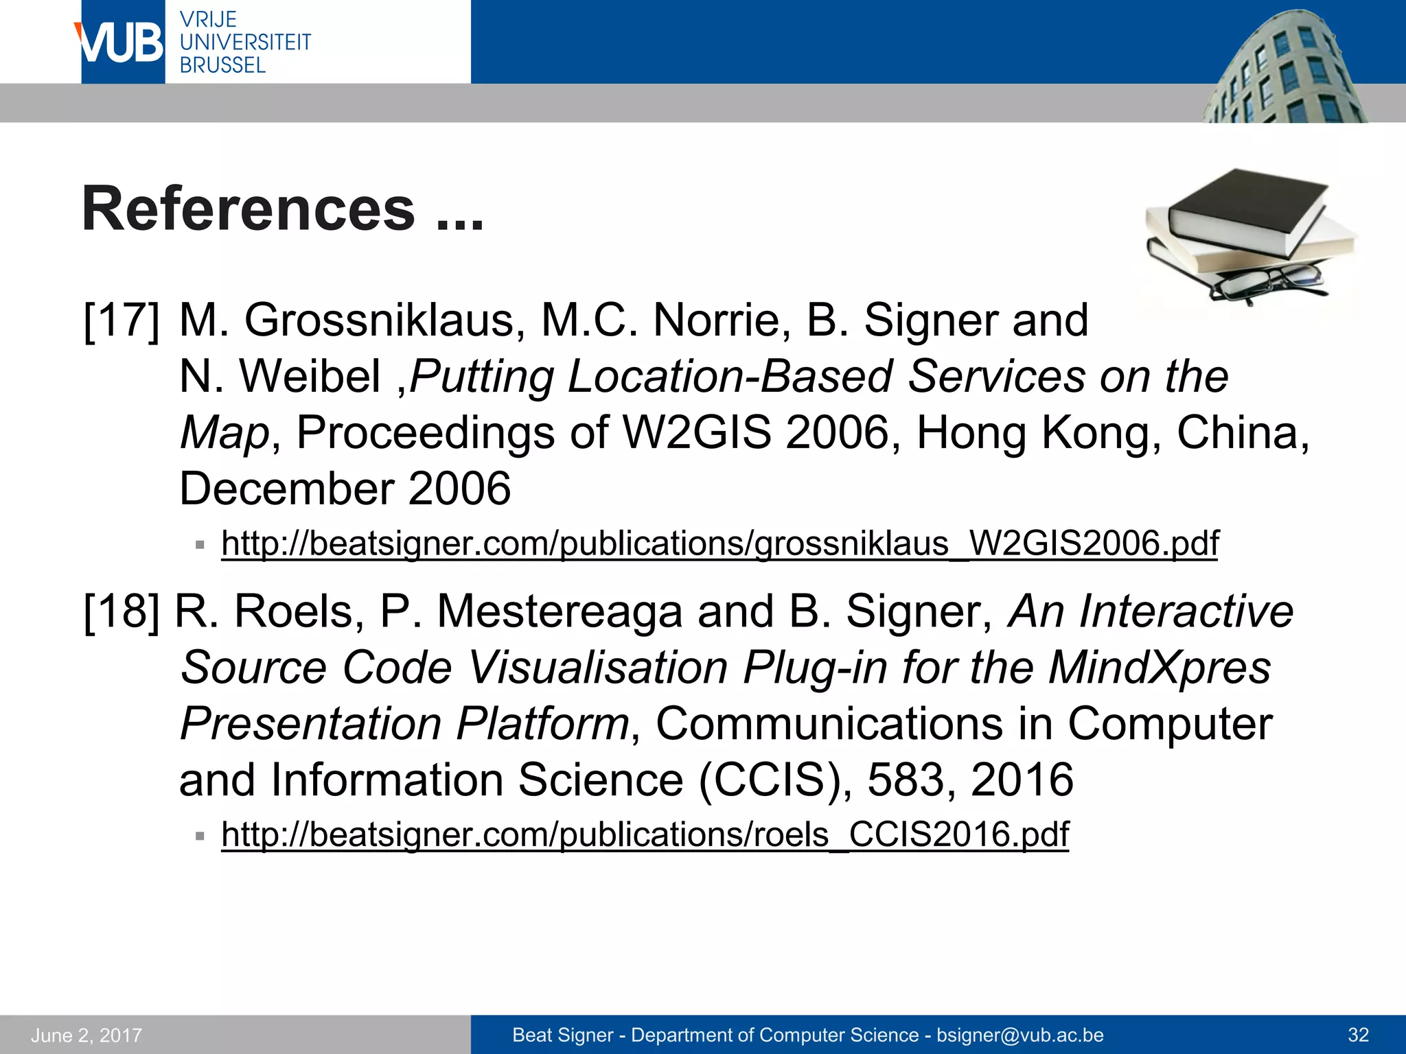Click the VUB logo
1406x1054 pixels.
[122, 43]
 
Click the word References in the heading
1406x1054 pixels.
[249, 209]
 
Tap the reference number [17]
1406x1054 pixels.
[121, 321]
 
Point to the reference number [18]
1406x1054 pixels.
[121, 611]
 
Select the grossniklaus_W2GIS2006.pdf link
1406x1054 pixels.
[719, 543]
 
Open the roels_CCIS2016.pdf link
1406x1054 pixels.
[645, 834]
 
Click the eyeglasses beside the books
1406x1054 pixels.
[1267, 282]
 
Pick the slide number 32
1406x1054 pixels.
[1358, 1035]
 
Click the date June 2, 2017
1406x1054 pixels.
[87, 1035]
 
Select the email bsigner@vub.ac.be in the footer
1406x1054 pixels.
[1020, 1035]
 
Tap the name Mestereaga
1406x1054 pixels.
[560, 611]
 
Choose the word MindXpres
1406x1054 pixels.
[1160, 668]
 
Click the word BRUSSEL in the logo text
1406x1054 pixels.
[222, 66]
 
